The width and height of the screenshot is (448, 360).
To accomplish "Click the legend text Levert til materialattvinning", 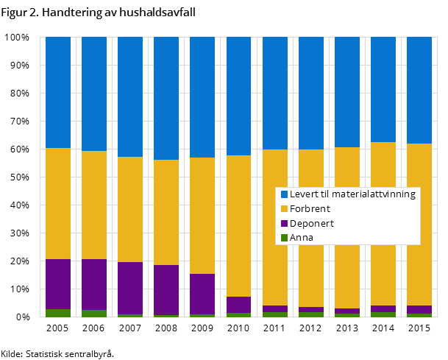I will coord(352,194).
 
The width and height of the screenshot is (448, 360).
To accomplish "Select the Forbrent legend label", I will coord(310,209).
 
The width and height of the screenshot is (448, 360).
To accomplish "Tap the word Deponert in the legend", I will coord(312,223).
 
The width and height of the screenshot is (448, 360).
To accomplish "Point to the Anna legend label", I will coord(302,237).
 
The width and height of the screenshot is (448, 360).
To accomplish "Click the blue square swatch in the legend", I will coord(284,194).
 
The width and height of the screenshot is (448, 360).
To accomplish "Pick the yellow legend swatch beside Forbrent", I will coord(284,209).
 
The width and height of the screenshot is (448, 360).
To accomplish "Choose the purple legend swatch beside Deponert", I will coord(284,223).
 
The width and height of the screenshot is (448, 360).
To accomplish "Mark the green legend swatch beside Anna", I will coord(284,237).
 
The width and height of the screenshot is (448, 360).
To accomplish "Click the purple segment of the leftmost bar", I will coord(58,284).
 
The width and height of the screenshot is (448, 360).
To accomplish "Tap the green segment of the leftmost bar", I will coord(58,313).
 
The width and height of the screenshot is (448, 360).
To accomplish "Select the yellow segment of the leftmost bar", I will coord(58,203).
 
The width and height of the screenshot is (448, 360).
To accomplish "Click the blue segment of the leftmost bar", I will coord(58,92).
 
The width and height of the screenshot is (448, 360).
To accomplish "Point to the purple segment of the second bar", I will coord(94,284).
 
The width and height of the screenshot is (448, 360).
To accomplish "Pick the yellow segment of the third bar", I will coord(130,209).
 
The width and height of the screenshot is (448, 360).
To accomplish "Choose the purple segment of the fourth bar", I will coord(166,290).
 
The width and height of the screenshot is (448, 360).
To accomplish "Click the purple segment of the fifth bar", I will coord(202,294).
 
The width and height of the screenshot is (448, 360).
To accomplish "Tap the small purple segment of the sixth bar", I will coord(238,305).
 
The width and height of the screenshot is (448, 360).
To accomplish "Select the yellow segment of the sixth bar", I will coord(238,226).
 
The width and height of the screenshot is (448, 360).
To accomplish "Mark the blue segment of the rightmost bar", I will coord(419,90).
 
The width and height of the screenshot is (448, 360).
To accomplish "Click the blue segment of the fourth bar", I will coord(166,98).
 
